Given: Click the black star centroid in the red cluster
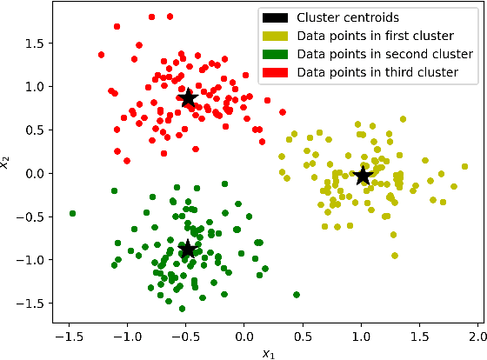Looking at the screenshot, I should point(187,97).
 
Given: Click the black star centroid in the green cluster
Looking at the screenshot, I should point(187,250).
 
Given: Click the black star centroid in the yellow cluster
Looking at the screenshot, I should point(363,176).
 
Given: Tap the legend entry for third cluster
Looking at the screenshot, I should point(377,71).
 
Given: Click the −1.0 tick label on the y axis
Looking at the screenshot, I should point(33,259).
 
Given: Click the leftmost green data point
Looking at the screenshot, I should point(72,213).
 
